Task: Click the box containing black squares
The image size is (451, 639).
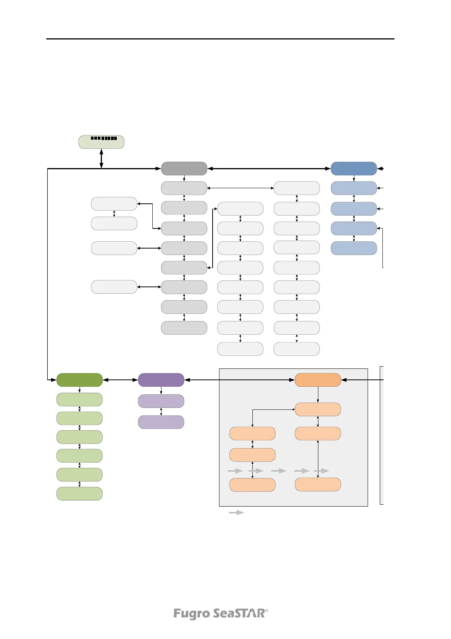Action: (101, 142)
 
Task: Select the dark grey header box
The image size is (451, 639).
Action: (184, 168)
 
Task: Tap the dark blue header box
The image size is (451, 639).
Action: (354, 168)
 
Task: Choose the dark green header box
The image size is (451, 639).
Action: (79, 380)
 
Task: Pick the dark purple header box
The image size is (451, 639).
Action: (161, 380)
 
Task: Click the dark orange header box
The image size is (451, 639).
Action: (318, 380)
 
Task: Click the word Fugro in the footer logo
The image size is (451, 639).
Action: (191, 614)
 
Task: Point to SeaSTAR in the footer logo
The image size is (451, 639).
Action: (240, 614)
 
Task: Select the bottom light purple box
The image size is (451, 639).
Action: (161, 422)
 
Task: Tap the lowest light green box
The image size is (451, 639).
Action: (79, 494)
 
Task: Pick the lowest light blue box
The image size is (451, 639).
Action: (354, 248)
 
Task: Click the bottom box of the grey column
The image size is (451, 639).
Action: (184, 328)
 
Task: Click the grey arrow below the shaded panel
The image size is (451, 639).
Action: (236, 513)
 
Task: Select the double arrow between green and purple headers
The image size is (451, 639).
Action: (120, 380)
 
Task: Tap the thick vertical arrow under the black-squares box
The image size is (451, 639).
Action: (101, 158)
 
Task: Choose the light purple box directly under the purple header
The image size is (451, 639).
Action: (161, 401)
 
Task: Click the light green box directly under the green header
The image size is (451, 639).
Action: (79, 400)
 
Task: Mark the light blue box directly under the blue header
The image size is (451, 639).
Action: (354, 188)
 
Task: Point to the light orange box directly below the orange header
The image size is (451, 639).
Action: (318, 409)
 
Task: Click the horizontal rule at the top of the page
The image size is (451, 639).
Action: (220, 39)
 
